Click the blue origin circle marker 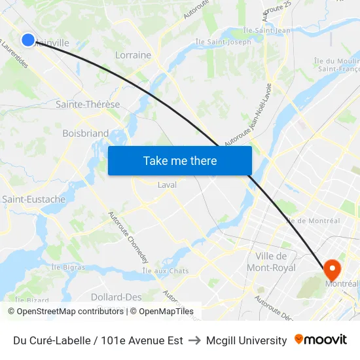[x=28, y=40]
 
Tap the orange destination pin [x=332, y=268]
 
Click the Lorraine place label [x=133, y=55]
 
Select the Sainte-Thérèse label [x=88, y=105]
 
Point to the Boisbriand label [x=85, y=134]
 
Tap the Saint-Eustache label [x=33, y=199]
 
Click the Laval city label [x=167, y=185]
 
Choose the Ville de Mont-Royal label [x=271, y=262]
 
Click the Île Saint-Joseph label [x=223, y=43]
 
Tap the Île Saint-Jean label [x=266, y=30]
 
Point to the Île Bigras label [x=68, y=267]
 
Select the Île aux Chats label [x=165, y=271]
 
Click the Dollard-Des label [x=116, y=297]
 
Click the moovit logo [x=320, y=340]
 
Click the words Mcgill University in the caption [x=246, y=340]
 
